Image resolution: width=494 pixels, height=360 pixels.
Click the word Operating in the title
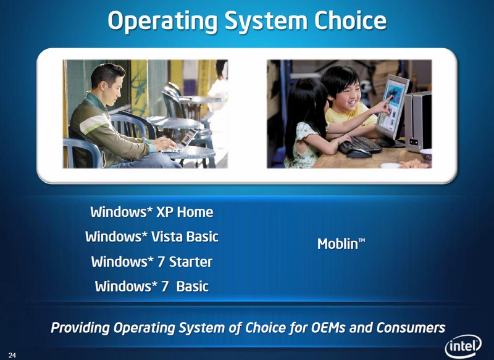click(163, 22)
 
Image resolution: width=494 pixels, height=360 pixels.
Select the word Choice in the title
click(350, 20)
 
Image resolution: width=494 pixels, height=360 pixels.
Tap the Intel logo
click(463, 346)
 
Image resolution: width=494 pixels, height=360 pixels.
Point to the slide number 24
click(12, 355)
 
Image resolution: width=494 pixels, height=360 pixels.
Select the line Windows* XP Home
click(152, 212)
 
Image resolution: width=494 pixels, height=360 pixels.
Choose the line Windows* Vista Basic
click(152, 237)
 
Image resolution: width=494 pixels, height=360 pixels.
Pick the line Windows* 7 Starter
click(152, 262)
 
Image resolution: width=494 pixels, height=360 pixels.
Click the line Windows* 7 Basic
click(152, 287)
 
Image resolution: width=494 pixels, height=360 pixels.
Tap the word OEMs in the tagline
click(328, 327)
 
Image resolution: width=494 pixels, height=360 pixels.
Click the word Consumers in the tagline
click(411, 327)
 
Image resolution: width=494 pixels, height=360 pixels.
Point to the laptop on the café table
click(181, 141)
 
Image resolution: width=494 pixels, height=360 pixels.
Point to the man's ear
click(103, 86)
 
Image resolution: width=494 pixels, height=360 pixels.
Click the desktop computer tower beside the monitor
click(418, 121)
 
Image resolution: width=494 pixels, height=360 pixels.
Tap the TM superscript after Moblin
click(362, 240)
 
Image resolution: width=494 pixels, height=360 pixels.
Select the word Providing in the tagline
click(80, 328)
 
